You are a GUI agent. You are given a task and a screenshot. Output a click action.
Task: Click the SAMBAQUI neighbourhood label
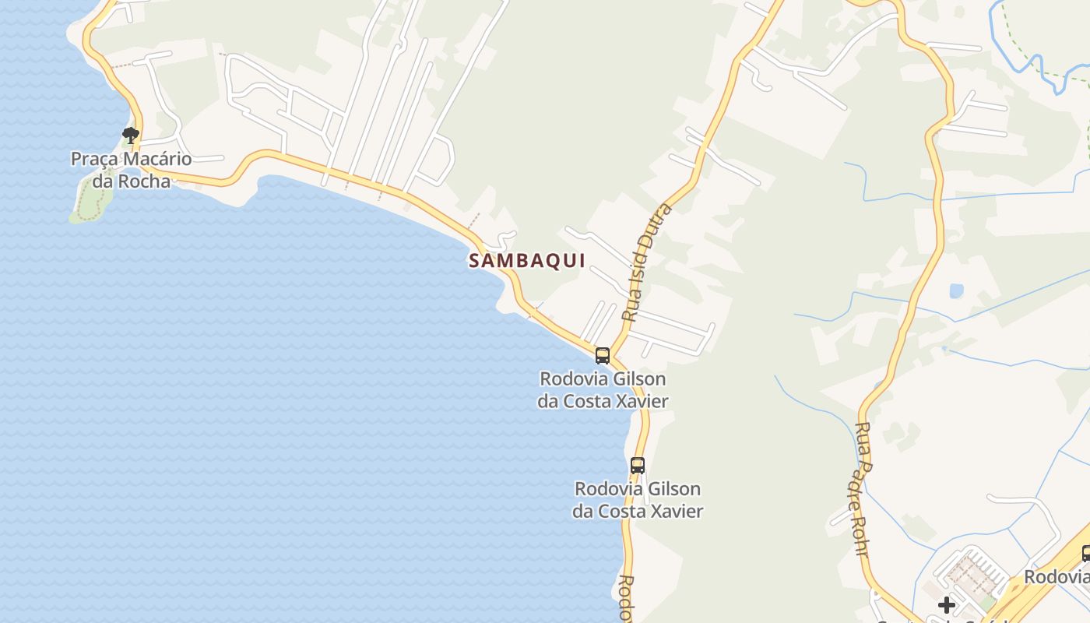(526, 261)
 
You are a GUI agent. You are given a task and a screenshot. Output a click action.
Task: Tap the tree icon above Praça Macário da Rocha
(131, 136)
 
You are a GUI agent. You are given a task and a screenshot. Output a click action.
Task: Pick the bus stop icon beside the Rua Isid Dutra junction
(602, 356)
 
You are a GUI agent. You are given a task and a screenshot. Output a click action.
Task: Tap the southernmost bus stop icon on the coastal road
(638, 466)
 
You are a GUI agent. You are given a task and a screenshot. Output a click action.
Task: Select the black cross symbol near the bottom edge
(947, 604)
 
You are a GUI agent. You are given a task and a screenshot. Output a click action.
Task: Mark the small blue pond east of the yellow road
(956, 290)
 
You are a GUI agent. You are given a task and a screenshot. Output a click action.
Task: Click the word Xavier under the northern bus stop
(638, 402)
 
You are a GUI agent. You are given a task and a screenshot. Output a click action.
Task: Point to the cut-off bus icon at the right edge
(1086, 554)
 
